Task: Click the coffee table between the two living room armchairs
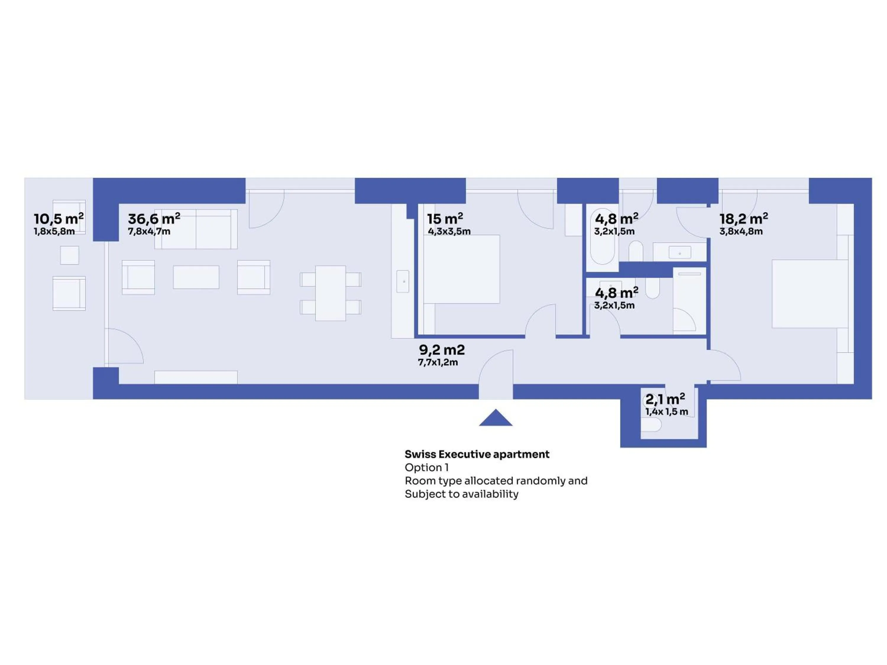196,277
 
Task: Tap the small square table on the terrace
69,255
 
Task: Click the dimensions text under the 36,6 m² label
149,231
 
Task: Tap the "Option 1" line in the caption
427,467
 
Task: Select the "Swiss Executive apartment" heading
477,454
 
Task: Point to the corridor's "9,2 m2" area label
442,350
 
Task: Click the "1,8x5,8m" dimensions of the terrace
54,231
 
